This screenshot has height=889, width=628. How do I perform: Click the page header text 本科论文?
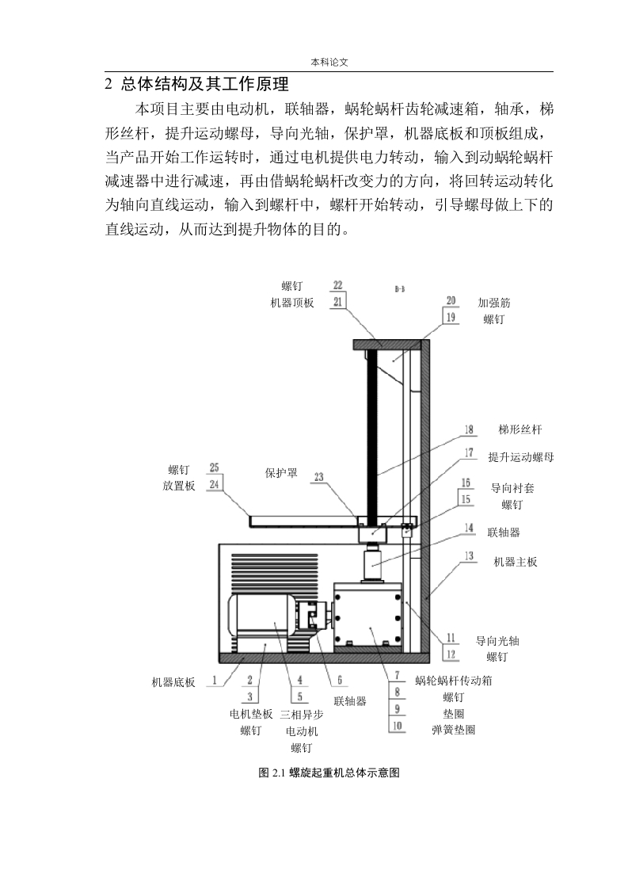[x=329, y=63]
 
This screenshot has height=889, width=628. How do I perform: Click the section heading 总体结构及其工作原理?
[x=205, y=85]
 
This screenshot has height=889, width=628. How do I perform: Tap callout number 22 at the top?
[x=338, y=285]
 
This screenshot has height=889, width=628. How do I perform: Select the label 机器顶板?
[x=292, y=303]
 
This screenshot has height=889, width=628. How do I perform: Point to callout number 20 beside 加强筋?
[x=451, y=301]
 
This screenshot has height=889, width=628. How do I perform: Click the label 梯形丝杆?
[x=520, y=429]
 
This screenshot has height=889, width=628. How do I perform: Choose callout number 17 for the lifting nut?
[x=470, y=452]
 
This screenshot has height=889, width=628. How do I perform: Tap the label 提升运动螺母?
[x=521, y=457]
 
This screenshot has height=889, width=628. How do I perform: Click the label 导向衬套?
[x=512, y=488]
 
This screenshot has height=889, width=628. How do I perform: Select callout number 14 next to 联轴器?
[x=470, y=528]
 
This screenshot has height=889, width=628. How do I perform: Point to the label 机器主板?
[x=516, y=562]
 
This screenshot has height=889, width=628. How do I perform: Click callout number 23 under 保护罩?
[x=319, y=477]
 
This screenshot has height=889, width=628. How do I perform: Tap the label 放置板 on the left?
[x=179, y=486]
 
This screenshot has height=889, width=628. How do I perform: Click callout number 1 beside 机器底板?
[x=215, y=680]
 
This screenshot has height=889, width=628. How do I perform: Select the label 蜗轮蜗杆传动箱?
[x=454, y=681]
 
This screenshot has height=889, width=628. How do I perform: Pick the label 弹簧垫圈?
[x=454, y=731]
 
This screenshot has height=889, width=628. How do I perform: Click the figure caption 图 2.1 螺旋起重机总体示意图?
[x=329, y=773]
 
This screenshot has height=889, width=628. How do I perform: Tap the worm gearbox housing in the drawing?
[x=368, y=615]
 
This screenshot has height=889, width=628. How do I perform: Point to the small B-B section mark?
[x=400, y=289]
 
